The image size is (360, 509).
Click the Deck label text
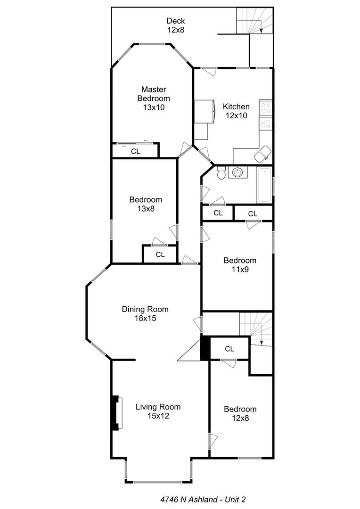175,21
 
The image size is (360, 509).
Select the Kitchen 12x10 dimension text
236,115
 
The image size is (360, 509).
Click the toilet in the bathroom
221,174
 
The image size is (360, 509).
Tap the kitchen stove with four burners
266,108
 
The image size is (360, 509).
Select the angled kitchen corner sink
262,153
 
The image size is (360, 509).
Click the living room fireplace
116,413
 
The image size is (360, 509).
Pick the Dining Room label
145,310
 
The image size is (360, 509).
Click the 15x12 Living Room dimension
158,416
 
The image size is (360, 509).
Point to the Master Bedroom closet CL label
136,151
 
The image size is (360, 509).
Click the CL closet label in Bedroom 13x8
160,254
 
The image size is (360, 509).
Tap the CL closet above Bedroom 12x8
229,349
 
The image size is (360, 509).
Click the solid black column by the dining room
205,349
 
